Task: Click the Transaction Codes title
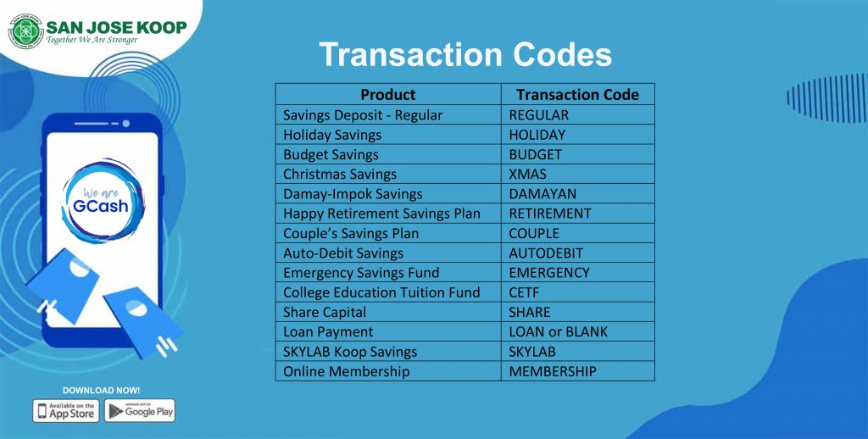click(465, 55)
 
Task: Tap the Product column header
click(387, 94)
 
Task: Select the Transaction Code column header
click(577, 94)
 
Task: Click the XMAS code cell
click(527, 174)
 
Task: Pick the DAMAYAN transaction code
click(542, 194)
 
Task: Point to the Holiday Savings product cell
click(332, 135)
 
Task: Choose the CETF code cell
click(524, 292)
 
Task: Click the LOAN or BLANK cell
click(558, 331)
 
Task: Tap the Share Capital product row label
click(325, 312)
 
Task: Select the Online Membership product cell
click(346, 371)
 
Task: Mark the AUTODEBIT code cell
click(546, 253)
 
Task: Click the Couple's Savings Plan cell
click(351, 233)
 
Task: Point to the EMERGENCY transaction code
click(548, 273)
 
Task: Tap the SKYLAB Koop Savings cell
click(350, 352)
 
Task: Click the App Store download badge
click(66, 411)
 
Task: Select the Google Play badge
click(140, 411)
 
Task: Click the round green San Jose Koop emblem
click(25, 31)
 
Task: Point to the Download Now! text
click(102, 390)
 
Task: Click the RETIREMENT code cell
click(549, 214)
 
